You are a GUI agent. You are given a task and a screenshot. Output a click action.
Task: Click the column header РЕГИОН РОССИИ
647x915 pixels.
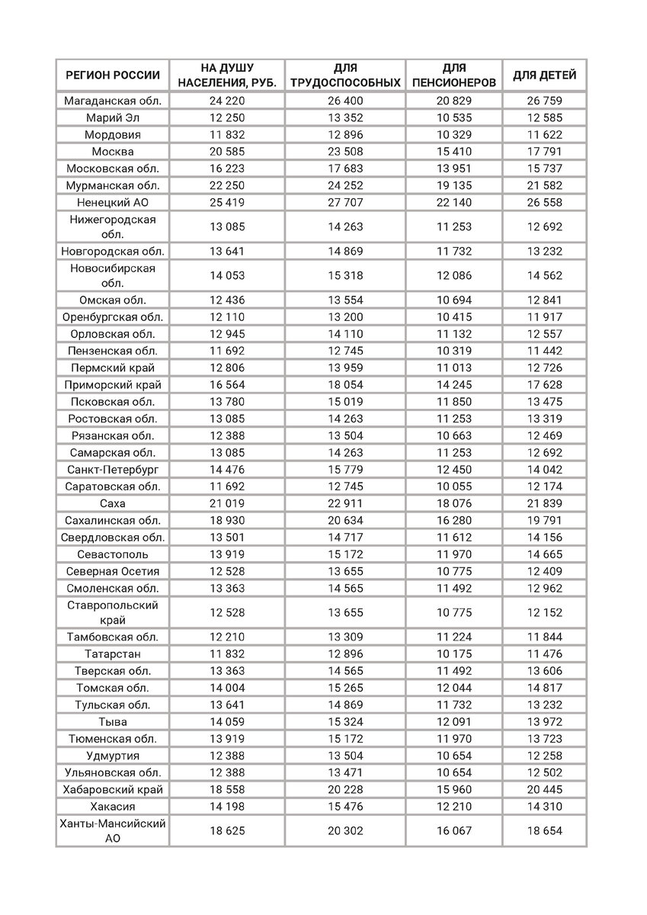pos(112,75)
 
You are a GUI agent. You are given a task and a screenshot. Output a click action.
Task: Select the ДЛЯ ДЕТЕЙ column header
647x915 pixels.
pos(544,75)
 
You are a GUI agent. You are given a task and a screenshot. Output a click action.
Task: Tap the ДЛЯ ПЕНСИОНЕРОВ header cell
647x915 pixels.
pos(453,75)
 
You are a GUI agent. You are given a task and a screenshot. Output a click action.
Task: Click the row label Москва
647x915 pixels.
pos(112,151)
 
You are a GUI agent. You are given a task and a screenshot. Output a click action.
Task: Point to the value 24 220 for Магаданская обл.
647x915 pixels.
pos(226,101)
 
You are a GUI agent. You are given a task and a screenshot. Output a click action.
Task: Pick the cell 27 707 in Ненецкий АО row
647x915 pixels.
pos(346,201)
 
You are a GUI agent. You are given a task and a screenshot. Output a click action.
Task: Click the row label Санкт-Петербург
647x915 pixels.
pos(112,470)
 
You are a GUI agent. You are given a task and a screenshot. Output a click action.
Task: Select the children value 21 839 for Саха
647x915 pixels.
pos(544,503)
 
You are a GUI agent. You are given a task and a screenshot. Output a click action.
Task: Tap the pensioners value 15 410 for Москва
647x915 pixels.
pos(453,151)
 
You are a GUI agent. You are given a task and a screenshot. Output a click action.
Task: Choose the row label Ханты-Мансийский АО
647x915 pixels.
pos(112,830)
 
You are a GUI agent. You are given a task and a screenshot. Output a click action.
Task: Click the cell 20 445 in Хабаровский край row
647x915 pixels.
pos(544,789)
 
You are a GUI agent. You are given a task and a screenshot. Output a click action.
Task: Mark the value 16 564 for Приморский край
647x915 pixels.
pos(226,385)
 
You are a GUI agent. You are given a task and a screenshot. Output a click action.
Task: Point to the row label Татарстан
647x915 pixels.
pos(112,654)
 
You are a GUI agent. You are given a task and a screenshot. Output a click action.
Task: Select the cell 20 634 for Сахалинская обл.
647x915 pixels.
pos(346,520)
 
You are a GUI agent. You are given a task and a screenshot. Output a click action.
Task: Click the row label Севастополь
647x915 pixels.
pos(112,554)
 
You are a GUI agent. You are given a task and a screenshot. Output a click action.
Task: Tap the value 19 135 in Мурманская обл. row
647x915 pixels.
pos(453,185)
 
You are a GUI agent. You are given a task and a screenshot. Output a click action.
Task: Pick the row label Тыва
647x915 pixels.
pos(112,721)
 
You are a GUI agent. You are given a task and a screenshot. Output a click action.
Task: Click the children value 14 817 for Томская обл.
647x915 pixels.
pos(544,688)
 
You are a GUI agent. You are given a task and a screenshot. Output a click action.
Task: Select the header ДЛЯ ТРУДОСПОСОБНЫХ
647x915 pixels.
pos(346,75)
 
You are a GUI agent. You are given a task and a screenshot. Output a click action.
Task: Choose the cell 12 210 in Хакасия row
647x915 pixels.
pos(453,806)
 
